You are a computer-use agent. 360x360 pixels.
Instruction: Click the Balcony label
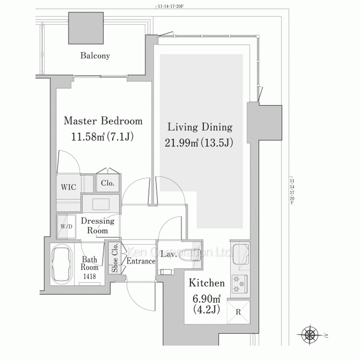(95, 55)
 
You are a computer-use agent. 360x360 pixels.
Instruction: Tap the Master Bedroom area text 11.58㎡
(88, 137)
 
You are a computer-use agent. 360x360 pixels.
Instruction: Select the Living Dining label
(200, 127)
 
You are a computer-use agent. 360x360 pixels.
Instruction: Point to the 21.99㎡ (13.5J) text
(199, 143)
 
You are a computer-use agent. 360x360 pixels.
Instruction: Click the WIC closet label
(68, 187)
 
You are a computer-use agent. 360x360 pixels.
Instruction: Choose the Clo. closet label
(107, 183)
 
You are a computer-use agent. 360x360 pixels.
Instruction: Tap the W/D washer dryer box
(66, 226)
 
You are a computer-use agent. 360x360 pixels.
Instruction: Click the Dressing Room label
(98, 225)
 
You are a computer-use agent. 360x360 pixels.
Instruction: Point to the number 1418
(90, 276)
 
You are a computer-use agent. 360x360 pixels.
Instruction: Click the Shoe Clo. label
(114, 258)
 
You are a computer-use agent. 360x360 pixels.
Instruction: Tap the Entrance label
(141, 261)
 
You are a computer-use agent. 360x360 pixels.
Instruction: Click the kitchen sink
(241, 255)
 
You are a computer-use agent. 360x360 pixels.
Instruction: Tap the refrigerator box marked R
(238, 312)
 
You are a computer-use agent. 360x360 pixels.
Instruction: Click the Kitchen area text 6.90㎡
(206, 299)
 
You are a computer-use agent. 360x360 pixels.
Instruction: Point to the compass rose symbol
(310, 335)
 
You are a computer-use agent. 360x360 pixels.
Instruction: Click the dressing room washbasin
(101, 204)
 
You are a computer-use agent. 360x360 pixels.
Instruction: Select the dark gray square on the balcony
(86, 28)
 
